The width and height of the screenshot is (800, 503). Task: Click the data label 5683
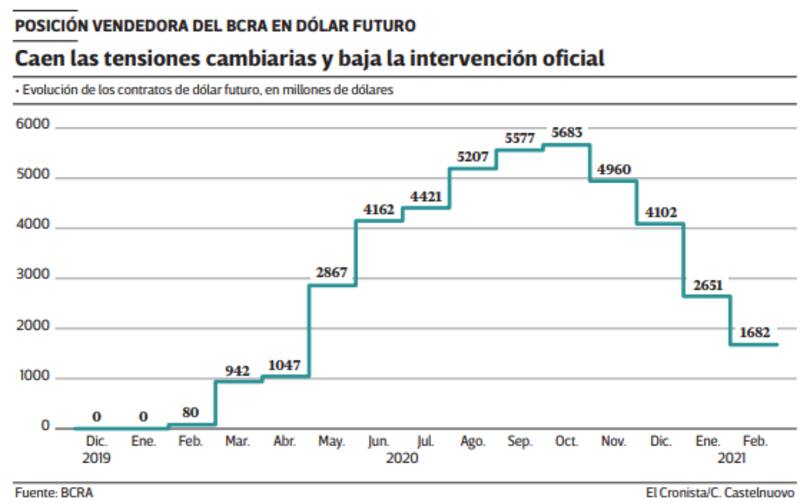click(x=566, y=133)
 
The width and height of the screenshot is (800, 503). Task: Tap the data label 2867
click(x=332, y=273)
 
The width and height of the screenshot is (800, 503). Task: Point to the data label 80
click(x=191, y=413)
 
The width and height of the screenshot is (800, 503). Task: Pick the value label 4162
click(x=379, y=208)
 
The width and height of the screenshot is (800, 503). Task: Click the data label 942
click(x=238, y=370)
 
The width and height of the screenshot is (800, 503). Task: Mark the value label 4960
click(x=613, y=169)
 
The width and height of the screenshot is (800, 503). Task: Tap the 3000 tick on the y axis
click(x=33, y=275)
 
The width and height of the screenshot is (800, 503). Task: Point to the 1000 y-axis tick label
click(x=33, y=376)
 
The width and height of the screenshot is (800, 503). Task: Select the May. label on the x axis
click(x=331, y=442)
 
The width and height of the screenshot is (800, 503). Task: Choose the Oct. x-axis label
click(x=566, y=442)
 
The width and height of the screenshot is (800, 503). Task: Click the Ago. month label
click(x=472, y=442)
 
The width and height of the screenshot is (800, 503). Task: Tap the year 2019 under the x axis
click(x=97, y=458)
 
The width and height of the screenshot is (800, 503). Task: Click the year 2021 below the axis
click(x=732, y=458)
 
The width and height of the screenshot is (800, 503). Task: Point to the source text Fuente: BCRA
click(x=49, y=492)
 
